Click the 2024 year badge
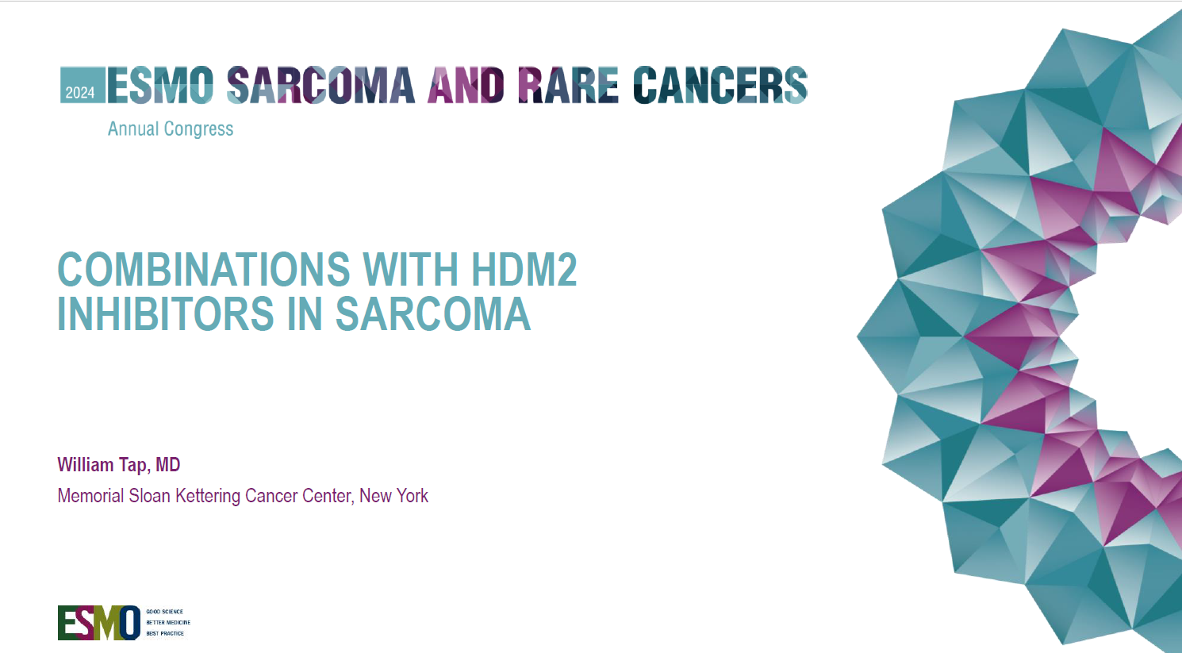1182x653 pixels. pyautogui.click(x=80, y=92)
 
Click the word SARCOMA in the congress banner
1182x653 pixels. pyautogui.click(x=320, y=85)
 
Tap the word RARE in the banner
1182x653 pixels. pyautogui.click(x=568, y=85)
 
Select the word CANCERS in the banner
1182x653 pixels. pyautogui.click(x=720, y=85)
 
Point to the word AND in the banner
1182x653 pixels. pyautogui.click(x=466, y=85)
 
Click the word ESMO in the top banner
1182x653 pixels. pyautogui.click(x=160, y=85)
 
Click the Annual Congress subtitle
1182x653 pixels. pyautogui.click(x=171, y=129)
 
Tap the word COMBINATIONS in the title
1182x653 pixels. pyautogui.click(x=204, y=269)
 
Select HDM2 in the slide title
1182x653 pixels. pyautogui.click(x=524, y=269)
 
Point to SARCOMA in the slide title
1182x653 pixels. pyautogui.click(x=432, y=314)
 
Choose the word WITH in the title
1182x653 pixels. pyautogui.click(x=411, y=269)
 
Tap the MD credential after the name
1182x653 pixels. pyautogui.click(x=167, y=465)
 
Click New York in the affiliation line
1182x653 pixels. pyautogui.click(x=393, y=496)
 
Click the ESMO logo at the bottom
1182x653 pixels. pyautogui.click(x=99, y=622)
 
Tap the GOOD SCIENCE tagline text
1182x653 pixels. pyautogui.click(x=164, y=612)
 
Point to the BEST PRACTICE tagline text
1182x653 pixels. pyautogui.click(x=165, y=633)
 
